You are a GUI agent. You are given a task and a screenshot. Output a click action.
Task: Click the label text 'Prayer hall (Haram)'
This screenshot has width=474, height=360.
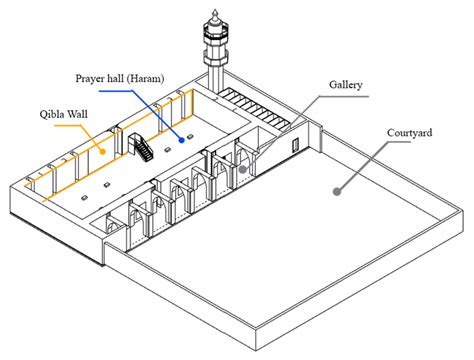[x=120, y=79]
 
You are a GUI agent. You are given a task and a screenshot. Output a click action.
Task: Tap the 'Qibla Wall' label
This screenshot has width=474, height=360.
[x=64, y=114]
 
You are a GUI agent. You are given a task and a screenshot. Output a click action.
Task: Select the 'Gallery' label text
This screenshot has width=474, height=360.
[x=346, y=85]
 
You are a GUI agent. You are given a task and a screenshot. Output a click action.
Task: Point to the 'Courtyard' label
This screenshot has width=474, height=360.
[x=409, y=133]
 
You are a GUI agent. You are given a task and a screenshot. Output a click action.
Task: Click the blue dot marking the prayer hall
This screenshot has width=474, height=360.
[x=182, y=140]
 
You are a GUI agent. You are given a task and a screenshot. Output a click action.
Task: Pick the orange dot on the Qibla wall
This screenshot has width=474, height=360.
[x=103, y=152]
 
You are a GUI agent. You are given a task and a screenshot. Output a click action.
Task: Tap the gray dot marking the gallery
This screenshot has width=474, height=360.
[x=243, y=169]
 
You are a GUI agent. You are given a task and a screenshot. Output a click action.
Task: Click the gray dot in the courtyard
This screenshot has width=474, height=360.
[x=337, y=191]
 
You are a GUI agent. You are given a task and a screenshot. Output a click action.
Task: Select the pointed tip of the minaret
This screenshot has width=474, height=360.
[x=215, y=10]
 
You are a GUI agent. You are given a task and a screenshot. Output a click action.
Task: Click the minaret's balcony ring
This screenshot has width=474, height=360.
[x=215, y=32]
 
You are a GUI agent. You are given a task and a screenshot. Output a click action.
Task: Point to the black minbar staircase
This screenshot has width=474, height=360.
[x=141, y=147]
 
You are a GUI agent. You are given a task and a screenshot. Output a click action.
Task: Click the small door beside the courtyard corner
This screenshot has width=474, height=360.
[x=295, y=146]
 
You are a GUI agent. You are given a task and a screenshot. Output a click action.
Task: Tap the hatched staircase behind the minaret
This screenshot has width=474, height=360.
[x=254, y=108]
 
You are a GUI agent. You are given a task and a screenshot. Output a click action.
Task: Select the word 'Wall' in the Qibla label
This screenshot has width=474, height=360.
[x=78, y=114]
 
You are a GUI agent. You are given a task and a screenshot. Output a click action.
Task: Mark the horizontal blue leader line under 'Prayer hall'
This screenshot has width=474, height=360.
[x=116, y=91]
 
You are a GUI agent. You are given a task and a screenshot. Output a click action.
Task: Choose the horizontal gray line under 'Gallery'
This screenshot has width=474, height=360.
[x=344, y=97]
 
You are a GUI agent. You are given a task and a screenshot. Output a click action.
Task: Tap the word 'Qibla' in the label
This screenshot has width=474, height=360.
[x=53, y=115]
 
